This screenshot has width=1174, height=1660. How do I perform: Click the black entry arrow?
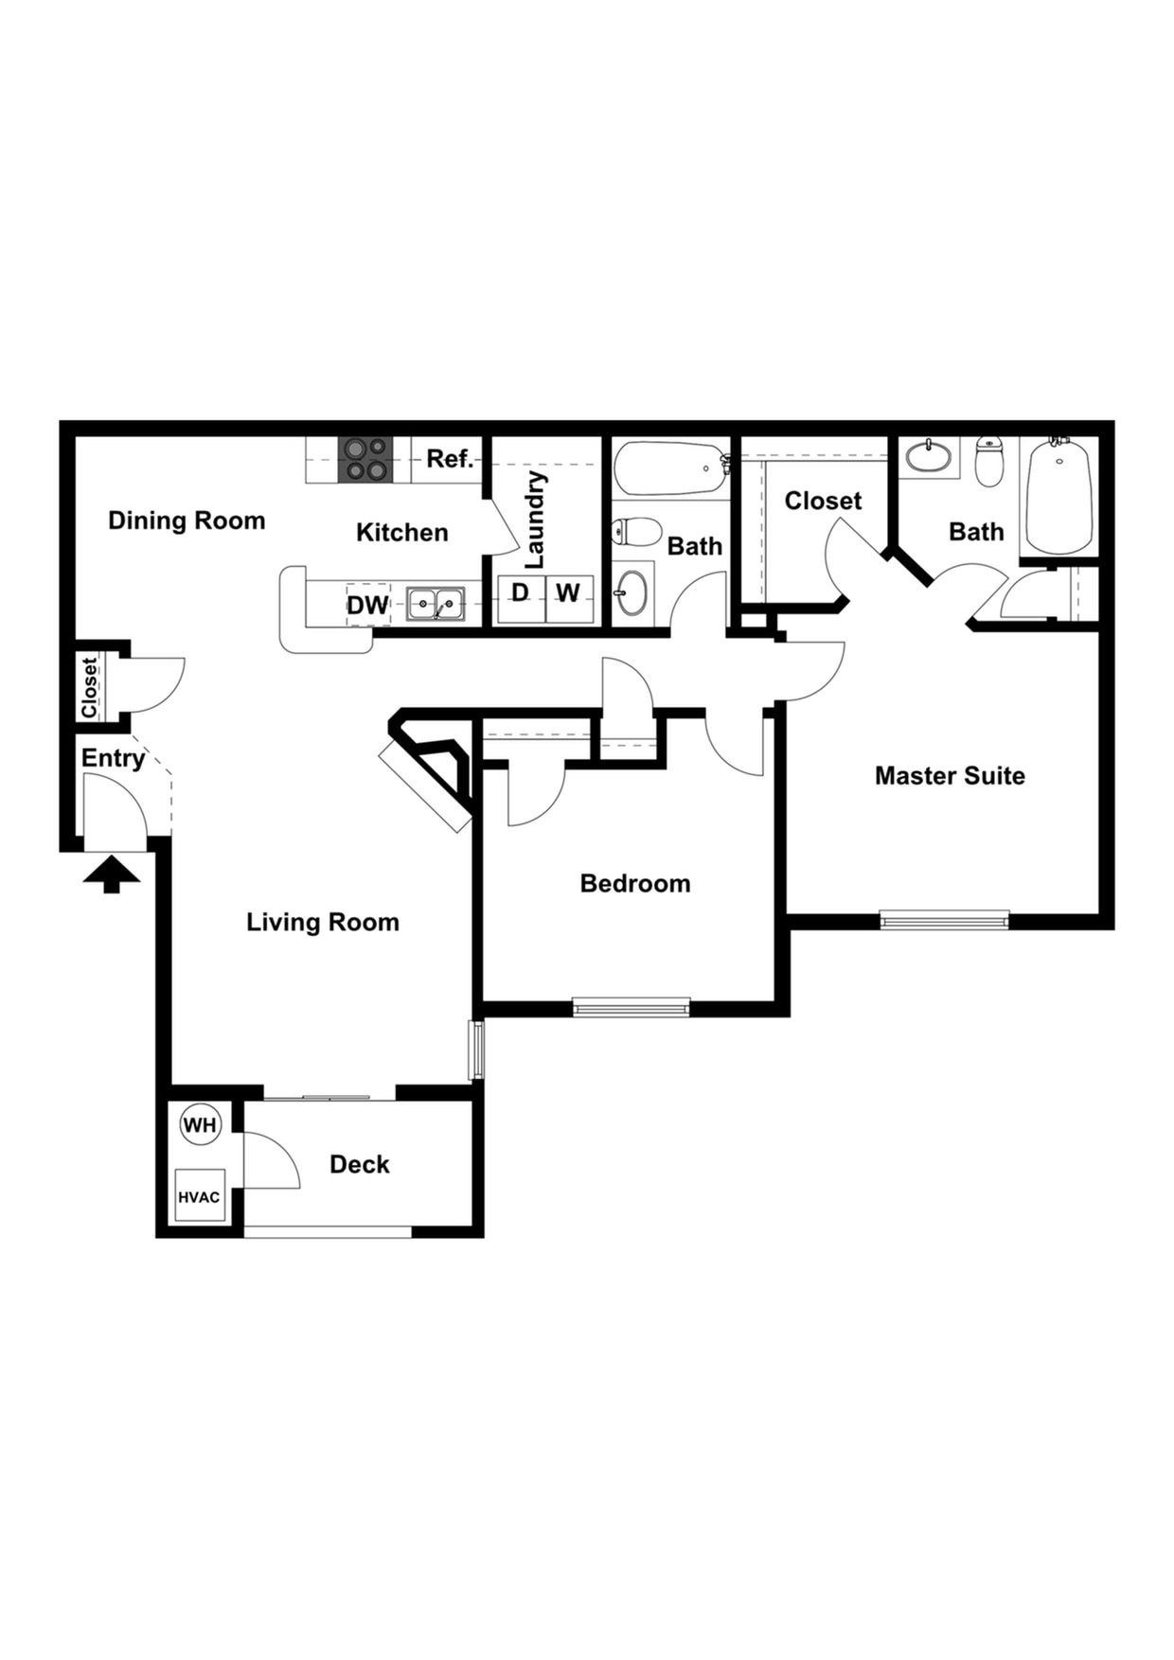[x=112, y=874]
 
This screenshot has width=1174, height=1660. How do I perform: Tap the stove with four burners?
[x=365, y=459]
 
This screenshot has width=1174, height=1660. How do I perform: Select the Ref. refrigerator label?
[x=449, y=459]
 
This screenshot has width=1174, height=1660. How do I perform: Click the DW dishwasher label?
[x=367, y=605]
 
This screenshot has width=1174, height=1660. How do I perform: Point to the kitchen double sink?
[x=436, y=603]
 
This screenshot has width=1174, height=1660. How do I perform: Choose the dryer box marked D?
[x=521, y=596]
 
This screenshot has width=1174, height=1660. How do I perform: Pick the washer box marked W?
[x=569, y=596]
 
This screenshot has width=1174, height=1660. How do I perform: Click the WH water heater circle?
[x=200, y=1125]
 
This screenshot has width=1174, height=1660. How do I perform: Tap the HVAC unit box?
[x=199, y=1196]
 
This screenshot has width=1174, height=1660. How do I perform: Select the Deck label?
[x=359, y=1164]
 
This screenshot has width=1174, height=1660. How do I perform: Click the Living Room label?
[x=323, y=922]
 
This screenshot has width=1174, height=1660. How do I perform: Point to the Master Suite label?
[x=950, y=776]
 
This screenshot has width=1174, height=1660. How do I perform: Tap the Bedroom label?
[x=635, y=884]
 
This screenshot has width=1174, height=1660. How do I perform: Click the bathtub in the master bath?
[x=1058, y=497]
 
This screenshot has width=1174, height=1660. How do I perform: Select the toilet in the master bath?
[x=989, y=461]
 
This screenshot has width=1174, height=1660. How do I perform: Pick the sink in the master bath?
[x=929, y=457]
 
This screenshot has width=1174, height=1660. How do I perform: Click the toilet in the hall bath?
[x=635, y=532]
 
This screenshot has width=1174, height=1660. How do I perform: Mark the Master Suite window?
[x=944, y=918]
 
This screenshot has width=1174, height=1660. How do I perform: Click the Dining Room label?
[x=187, y=521]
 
